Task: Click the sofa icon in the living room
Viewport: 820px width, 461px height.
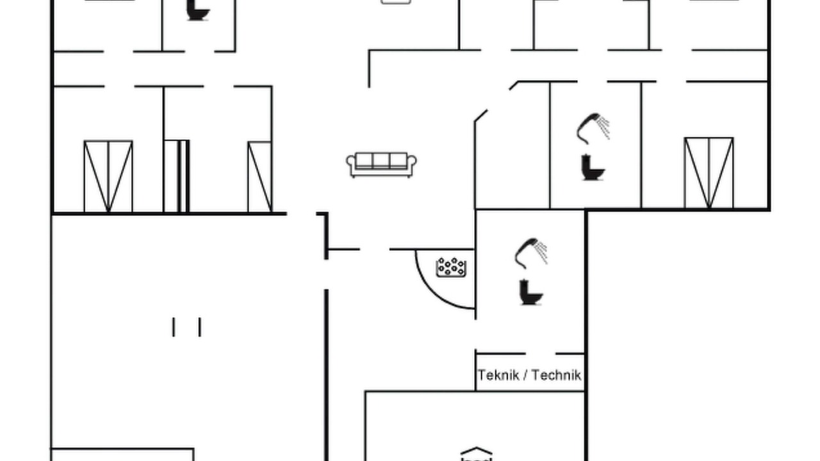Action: click(x=381, y=165)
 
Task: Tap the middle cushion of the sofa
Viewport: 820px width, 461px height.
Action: click(x=381, y=160)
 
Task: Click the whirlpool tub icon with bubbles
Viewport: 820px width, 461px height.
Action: click(x=452, y=267)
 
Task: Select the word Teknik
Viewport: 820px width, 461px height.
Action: click(x=498, y=375)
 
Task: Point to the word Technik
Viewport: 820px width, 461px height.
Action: click(x=556, y=375)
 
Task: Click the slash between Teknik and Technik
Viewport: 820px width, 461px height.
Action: click(x=525, y=375)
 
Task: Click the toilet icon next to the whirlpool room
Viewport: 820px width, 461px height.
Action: click(x=531, y=293)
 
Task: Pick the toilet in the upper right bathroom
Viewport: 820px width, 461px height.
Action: click(x=593, y=168)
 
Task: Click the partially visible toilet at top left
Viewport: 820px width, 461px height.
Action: click(x=198, y=10)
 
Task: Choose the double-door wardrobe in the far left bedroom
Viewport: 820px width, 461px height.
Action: click(x=108, y=176)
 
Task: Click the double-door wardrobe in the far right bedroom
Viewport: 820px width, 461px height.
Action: click(x=709, y=173)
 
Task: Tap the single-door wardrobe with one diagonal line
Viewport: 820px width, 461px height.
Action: click(x=259, y=177)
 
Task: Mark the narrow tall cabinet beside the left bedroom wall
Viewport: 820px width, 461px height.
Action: click(x=177, y=176)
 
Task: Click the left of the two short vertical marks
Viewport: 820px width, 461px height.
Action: click(x=174, y=327)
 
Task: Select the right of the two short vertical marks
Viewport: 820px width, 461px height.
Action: click(x=200, y=327)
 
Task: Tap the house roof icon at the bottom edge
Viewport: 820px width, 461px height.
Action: click(x=476, y=451)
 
